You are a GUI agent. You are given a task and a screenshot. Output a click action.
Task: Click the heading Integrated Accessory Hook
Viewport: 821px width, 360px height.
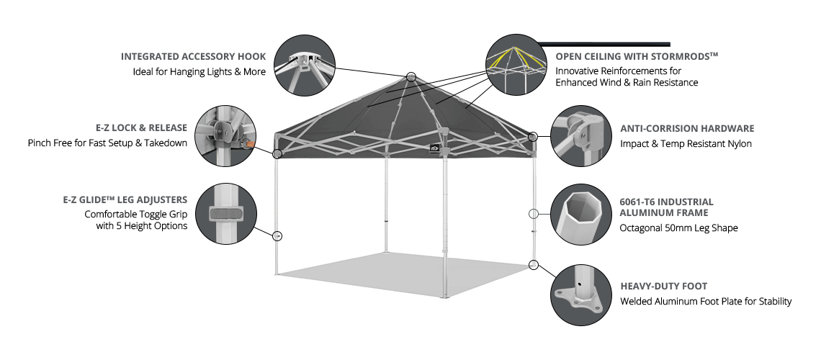(x=193, y=56)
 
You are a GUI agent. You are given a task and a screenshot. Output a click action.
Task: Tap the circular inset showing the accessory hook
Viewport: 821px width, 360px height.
(x=305, y=65)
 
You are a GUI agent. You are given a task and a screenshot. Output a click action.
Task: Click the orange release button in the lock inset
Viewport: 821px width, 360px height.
(x=251, y=143)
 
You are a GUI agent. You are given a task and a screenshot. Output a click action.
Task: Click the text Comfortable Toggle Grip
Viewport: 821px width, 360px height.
(x=135, y=214)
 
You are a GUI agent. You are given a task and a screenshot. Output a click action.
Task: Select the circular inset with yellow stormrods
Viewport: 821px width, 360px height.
(x=516, y=65)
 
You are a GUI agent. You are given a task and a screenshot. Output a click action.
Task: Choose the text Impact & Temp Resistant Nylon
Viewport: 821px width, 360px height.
(x=686, y=143)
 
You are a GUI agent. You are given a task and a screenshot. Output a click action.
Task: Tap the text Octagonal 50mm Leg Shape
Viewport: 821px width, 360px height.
(x=678, y=228)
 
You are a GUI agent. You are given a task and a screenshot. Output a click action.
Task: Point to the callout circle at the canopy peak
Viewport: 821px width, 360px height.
(x=411, y=76)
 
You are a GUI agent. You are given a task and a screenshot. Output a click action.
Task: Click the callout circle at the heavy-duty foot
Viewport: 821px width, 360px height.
(x=534, y=264)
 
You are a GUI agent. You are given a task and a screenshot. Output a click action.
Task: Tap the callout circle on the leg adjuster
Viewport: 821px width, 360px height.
(x=277, y=236)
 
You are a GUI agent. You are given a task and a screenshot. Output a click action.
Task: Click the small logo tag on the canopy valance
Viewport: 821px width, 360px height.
(x=434, y=148)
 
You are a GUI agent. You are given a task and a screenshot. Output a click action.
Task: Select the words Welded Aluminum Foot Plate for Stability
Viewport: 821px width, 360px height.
(x=706, y=302)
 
